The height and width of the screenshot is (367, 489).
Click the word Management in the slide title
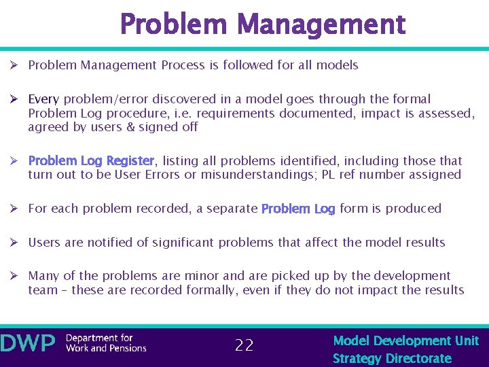323,25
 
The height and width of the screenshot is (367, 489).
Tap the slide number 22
244,345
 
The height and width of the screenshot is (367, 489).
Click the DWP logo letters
28,343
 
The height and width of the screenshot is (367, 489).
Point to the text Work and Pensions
106,348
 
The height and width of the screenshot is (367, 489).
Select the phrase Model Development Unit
406,340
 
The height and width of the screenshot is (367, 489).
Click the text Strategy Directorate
392,358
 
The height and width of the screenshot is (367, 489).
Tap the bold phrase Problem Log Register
91,161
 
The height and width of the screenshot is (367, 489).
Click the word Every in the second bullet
43,99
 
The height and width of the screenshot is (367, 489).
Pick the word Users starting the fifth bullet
44,242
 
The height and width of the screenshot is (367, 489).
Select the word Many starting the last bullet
43,276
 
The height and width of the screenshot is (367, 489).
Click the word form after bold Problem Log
354,209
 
